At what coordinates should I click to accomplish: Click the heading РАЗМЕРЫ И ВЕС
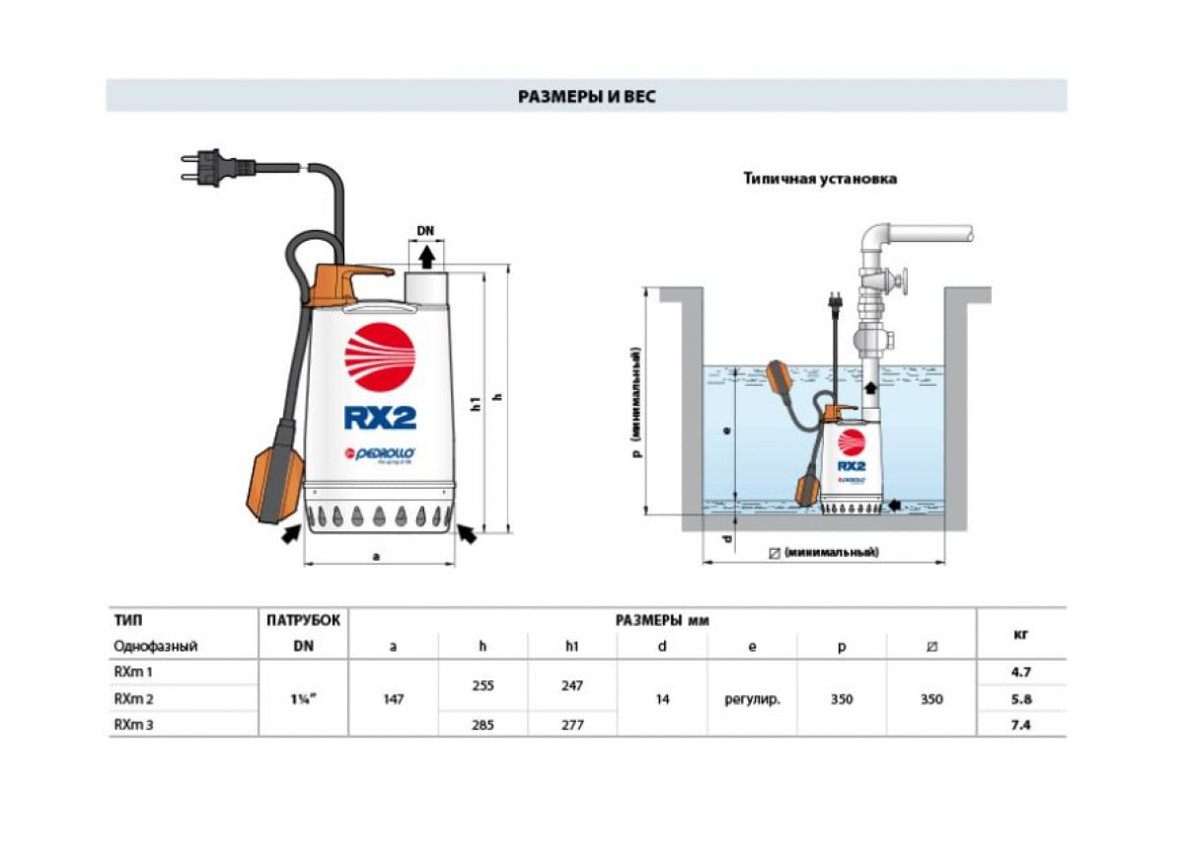coord(586,97)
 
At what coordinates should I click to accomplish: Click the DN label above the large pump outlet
coord(425,231)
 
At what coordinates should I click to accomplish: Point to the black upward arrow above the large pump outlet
coord(426,258)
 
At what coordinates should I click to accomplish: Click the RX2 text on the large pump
coord(380,417)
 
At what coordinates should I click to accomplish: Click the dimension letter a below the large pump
coord(376,556)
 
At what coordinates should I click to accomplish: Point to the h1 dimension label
coord(475,404)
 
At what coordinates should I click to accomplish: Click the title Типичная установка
coord(820,180)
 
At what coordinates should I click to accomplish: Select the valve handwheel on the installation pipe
coord(904,283)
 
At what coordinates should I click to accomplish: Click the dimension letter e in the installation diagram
coord(726,431)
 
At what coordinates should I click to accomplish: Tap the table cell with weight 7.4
coord(1022,725)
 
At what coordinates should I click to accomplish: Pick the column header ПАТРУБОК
coord(303,621)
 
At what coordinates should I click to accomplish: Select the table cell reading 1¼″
coord(303,698)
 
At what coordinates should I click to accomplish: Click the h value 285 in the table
coord(482,725)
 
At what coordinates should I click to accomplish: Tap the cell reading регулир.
coord(752,699)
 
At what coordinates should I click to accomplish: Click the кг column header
coord(1022,634)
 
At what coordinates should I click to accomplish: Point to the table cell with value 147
coord(393,699)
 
